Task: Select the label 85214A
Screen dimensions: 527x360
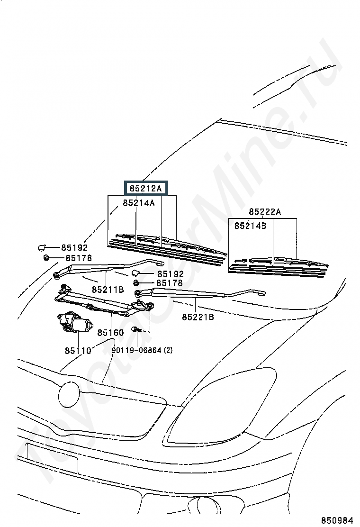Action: (139, 203)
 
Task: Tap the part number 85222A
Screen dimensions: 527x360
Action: (265, 212)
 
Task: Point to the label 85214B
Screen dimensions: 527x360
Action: (250, 226)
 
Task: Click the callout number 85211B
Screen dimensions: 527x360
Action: (108, 289)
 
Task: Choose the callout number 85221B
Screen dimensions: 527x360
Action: (198, 317)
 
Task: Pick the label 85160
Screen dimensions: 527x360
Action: (110, 333)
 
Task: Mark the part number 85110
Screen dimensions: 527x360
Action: (78, 351)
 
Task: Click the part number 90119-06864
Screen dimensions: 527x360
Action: (136, 351)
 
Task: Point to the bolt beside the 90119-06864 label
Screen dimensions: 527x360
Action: (135, 329)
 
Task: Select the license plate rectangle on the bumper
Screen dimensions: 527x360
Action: (52, 457)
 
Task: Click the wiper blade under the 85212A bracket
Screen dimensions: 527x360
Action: (166, 246)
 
